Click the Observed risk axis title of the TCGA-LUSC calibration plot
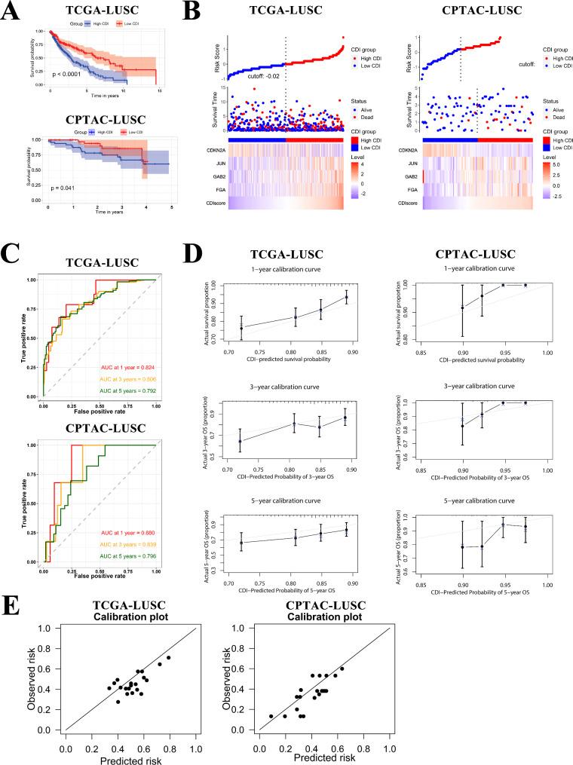point(30,680)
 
